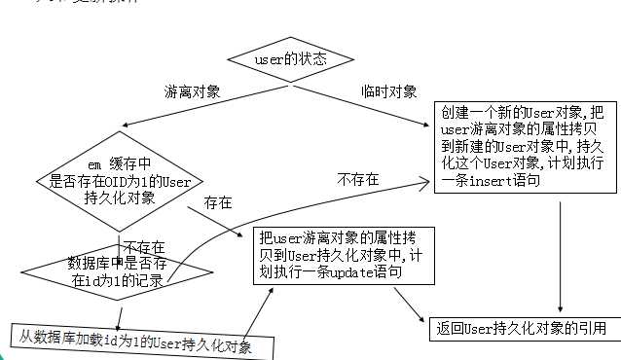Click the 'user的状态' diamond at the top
tap(290, 60)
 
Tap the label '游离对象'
tap(193, 92)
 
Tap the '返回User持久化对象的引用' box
tap(523, 328)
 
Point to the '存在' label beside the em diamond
tap(218, 203)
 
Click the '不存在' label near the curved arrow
tap(358, 180)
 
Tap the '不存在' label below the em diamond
tap(144, 248)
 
